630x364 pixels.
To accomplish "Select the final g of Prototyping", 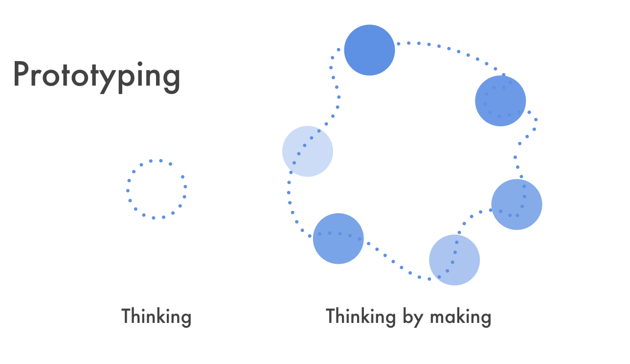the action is pos(171,79).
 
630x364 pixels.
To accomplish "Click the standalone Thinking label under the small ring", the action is pos(156,317).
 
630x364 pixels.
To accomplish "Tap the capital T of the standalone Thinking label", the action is pos(127,316).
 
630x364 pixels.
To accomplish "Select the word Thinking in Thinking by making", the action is pos(360,317).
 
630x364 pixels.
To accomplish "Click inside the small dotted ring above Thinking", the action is pos(157,189).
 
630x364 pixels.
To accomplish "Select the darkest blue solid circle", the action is pos(369,50).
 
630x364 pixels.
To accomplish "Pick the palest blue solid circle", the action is pos(308,151).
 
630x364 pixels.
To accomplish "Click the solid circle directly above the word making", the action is pos(454,260).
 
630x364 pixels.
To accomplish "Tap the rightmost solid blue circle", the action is pos(517,204).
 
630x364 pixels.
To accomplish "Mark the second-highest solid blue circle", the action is pos(500,101).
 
